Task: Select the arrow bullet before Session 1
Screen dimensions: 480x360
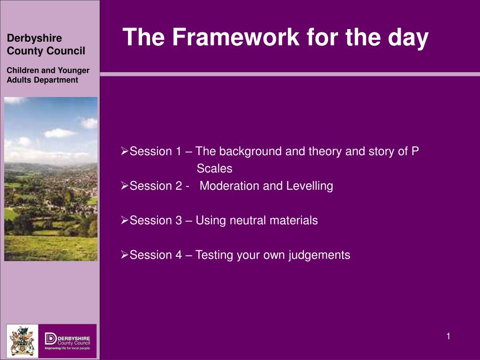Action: (x=124, y=151)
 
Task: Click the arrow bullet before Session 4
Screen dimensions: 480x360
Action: (x=124, y=255)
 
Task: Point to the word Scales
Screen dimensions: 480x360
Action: (x=214, y=168)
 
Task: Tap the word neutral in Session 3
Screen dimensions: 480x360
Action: (x=247, y=220)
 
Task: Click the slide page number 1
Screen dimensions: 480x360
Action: (x=448, y=337)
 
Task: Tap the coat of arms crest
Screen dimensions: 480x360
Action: (x=22, y=341)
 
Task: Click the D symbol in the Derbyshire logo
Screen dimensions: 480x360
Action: (x=51, y=339)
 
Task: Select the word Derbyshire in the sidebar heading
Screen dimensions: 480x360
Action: (x=34, y=38)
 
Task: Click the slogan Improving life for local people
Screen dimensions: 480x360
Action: (x=67, y=348)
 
